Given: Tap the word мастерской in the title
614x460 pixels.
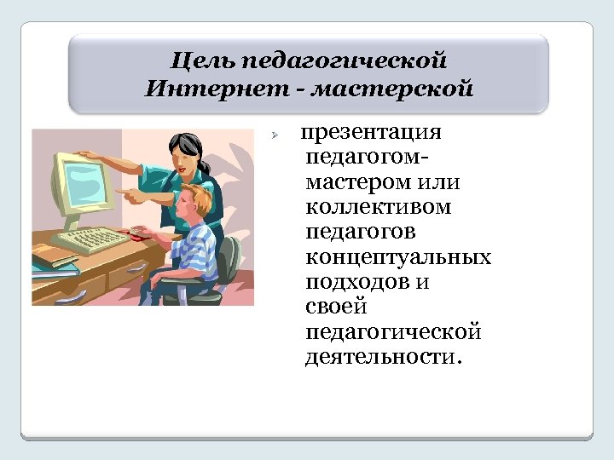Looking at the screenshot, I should pyautogui.click(x=391, y=89).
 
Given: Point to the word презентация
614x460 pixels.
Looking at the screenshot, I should pyautogui.click(x=371, y=134).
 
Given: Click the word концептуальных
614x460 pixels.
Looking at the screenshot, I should pyautogui.click(x=397, y=257).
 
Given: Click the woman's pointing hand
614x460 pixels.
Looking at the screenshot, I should pyautogui.click(x=134, y=195).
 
